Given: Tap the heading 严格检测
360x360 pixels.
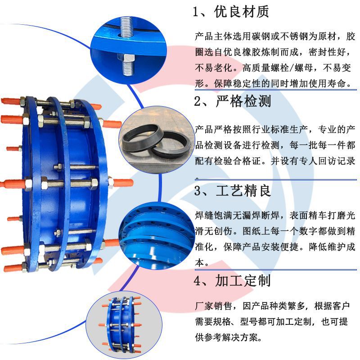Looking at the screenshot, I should pos(243,102).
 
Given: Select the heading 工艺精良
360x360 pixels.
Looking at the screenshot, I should pos(243,191).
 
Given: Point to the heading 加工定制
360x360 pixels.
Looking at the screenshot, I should pos(243,281).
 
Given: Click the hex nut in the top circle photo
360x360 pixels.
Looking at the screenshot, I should pos(126,58).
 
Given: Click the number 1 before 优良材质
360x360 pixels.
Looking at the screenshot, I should pos(196,12).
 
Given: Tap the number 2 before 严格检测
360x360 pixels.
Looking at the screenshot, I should pos(197,102).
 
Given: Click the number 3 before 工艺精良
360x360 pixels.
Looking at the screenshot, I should pos(197,191).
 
